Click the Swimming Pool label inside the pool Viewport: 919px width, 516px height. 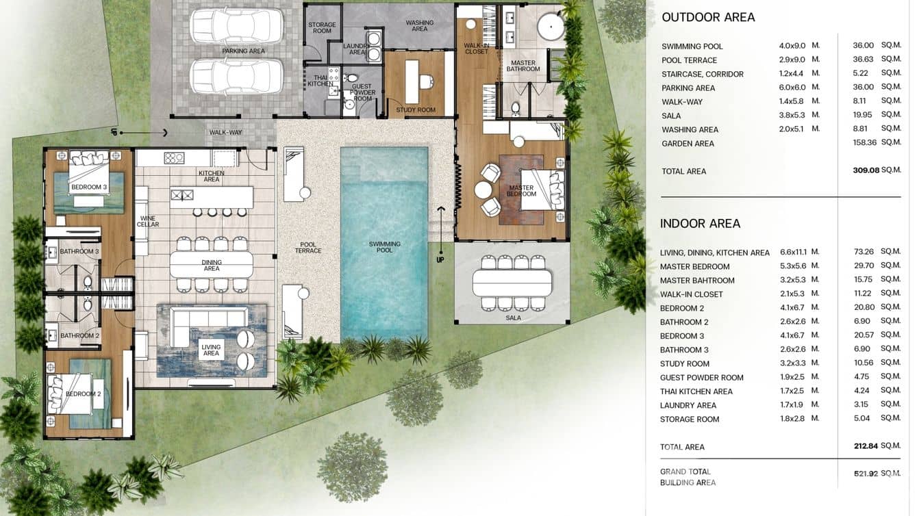[384, 247]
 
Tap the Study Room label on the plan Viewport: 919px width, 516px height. [416, 110]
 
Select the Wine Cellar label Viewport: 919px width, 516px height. [148, 221]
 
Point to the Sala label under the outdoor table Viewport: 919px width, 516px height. [513, 318]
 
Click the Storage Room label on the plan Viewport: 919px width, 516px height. [322, 28]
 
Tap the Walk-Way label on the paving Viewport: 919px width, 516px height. [226, 132]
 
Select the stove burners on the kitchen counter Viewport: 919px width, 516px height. [174, 158]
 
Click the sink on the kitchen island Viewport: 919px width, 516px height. [181, 195]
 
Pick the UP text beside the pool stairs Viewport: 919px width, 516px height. [440, 260]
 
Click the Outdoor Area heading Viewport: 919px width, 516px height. [708, 17]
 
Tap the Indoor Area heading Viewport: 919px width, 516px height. [700, 223]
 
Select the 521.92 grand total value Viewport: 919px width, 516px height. [866, 474]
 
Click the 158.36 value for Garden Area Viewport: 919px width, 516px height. [864, 142]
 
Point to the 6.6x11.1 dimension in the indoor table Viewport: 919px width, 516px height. [793, 252]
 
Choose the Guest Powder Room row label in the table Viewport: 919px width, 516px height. [701, 378]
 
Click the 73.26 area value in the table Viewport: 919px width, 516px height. [864, 252]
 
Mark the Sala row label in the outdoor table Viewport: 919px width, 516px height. [671, 116]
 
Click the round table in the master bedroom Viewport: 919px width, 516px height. [483, 190]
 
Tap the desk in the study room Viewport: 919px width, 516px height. [412, 82]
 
